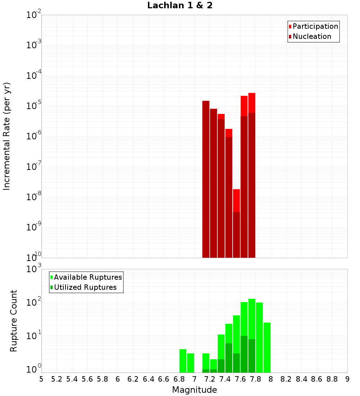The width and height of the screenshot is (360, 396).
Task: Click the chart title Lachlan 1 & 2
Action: pos(180,6)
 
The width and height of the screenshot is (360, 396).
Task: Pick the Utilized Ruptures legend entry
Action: pos(85,287)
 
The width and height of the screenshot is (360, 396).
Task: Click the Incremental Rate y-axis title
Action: pos(7,136)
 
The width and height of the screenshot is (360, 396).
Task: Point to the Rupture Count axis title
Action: pos(14,321)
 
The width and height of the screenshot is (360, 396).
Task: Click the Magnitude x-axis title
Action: pos(194,390)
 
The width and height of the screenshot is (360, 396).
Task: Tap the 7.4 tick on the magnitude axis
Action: pos(225,379)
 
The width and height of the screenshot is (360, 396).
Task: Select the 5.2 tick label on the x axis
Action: pos(57,379)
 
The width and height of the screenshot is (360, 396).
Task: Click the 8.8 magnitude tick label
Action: pos(332,379)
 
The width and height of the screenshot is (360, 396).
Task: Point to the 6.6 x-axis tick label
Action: pos(164,379)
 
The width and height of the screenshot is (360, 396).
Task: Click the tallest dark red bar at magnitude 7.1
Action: pos(206,180)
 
